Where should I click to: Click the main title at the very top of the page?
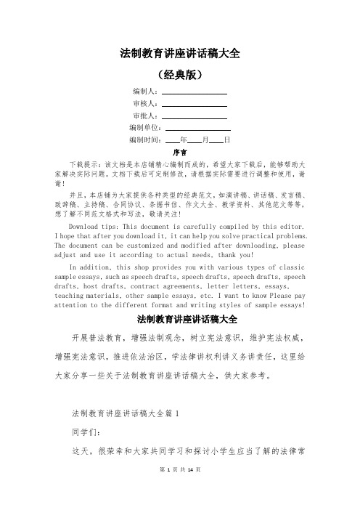click(179, 53)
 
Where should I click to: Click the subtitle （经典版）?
click(179, 75)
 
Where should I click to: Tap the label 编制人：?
click(145, 92)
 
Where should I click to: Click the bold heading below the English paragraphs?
click(179, 319)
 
